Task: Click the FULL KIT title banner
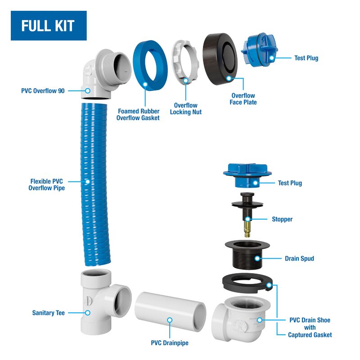(x=49, y=26)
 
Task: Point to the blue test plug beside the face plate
(x=259, y=50)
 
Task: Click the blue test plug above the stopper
(x=247, y=175)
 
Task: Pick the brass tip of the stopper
(x=247, y=229)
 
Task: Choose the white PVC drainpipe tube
(x=170, y=311)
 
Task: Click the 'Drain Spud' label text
(x=299, y=258)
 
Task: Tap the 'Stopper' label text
(x=282, y=219)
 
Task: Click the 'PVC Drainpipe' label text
(x=170, y=343)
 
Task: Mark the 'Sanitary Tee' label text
(x=49, y=313)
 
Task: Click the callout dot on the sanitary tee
(x=87, y=313)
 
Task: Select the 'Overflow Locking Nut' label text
(x=186, y=108)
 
